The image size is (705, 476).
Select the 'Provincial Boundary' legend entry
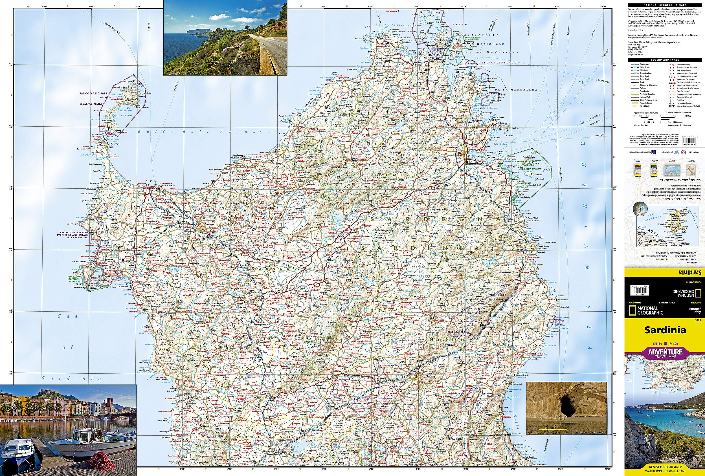pyautogui.click(x=645, y=94)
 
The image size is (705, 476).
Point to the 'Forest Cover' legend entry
pyautogui.click(x=644, y=106)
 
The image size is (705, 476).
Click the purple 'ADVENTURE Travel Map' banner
pyautogui.click(x=665, y=353)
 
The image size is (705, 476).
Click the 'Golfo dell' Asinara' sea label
pyautogui.click(x=203, y=132)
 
